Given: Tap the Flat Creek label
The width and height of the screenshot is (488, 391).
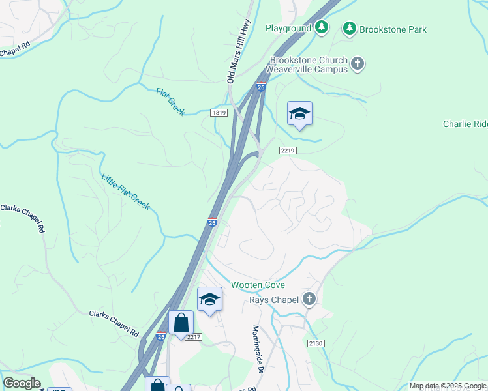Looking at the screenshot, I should click(x=171, y=102).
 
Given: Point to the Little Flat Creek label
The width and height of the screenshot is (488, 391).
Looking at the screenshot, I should click(x=125, y=192).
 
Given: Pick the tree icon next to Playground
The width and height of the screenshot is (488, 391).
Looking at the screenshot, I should click(x=322, y=27).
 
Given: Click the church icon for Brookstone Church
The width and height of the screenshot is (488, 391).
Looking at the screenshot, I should click(x=357, y=63).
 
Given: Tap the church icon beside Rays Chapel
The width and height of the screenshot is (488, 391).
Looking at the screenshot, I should click(x=309, y=299).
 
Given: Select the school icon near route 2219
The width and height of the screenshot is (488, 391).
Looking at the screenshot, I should click(x=299, y=114).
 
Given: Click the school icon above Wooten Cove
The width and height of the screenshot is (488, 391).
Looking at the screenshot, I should click(x=209, y=299).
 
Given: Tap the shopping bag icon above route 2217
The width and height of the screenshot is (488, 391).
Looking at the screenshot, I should click(x=181, y=323).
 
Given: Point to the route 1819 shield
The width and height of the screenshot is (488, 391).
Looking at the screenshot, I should click(x=219, y=113).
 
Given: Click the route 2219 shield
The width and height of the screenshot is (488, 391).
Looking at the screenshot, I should click(x=288, y=151).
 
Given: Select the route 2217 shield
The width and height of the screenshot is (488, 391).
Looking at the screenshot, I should click(x=194, y=337).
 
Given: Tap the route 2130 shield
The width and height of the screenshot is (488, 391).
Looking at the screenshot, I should click(x=315, y=342).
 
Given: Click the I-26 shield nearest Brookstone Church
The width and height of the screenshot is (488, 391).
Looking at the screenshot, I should click(x=261, y=87).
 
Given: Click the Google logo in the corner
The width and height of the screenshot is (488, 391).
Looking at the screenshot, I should click(x=22, y=383).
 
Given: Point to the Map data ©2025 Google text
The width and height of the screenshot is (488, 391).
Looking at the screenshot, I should click(x=448, y=386).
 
